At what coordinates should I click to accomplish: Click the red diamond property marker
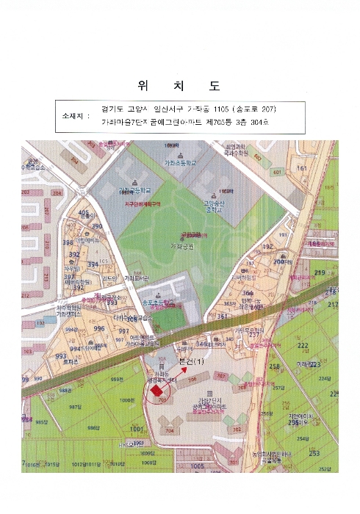156,392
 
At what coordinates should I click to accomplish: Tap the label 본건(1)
190,362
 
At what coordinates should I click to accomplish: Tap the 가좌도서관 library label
137,278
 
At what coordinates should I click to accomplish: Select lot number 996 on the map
98,329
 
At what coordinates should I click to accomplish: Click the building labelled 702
237,430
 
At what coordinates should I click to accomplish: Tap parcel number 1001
134,428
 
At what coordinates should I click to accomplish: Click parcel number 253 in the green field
314,453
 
